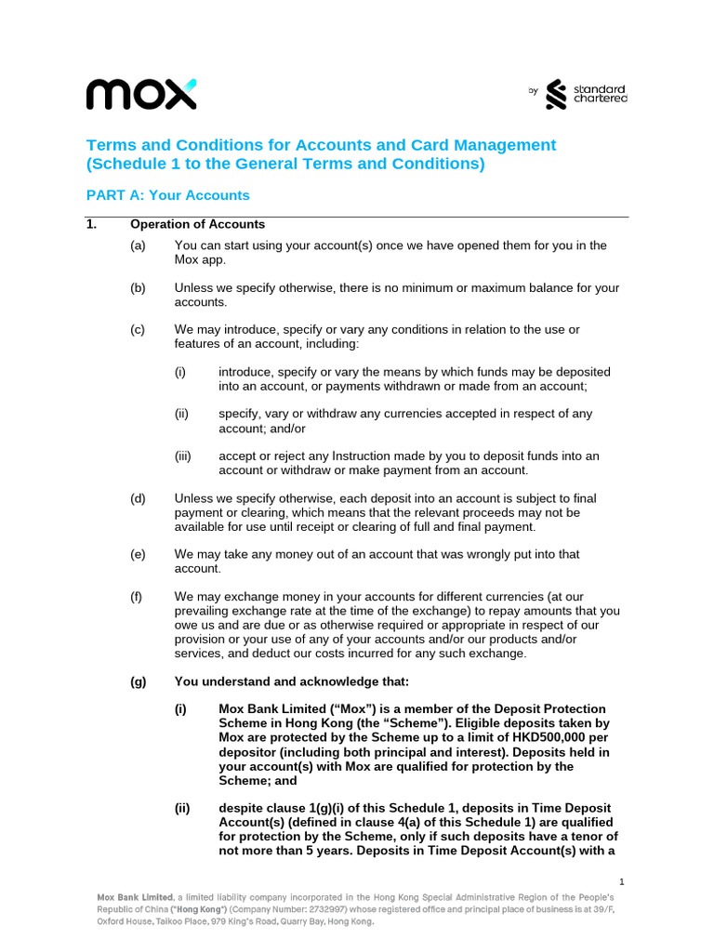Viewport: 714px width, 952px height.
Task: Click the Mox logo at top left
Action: click(x=141, y=94)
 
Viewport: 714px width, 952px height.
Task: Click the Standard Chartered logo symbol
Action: click(x=556, y=94)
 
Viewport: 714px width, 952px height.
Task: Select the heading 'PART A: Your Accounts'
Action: click(x=167, y=195)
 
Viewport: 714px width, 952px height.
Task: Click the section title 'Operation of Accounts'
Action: click(x=197, y=224)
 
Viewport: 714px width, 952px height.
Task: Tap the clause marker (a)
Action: click(x=138, y=245)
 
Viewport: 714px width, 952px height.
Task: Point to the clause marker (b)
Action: click(x=138, y=288)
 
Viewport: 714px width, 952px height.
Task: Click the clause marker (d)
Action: click(x=138, y=498)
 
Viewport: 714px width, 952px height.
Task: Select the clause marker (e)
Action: click(x=138, y=554)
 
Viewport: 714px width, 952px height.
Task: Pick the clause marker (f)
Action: click(x=138, y=597)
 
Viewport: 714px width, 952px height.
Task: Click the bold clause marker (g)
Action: click(x=139, y=681)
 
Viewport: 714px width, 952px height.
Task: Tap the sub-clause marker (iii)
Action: click(x=182, y=456)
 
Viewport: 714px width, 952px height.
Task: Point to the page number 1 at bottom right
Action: click(x=621, y=880)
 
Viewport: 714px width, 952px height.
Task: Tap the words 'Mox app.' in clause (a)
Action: click(x=200, y=259)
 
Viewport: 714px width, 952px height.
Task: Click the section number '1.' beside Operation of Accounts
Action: click(x=91, y=224)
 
